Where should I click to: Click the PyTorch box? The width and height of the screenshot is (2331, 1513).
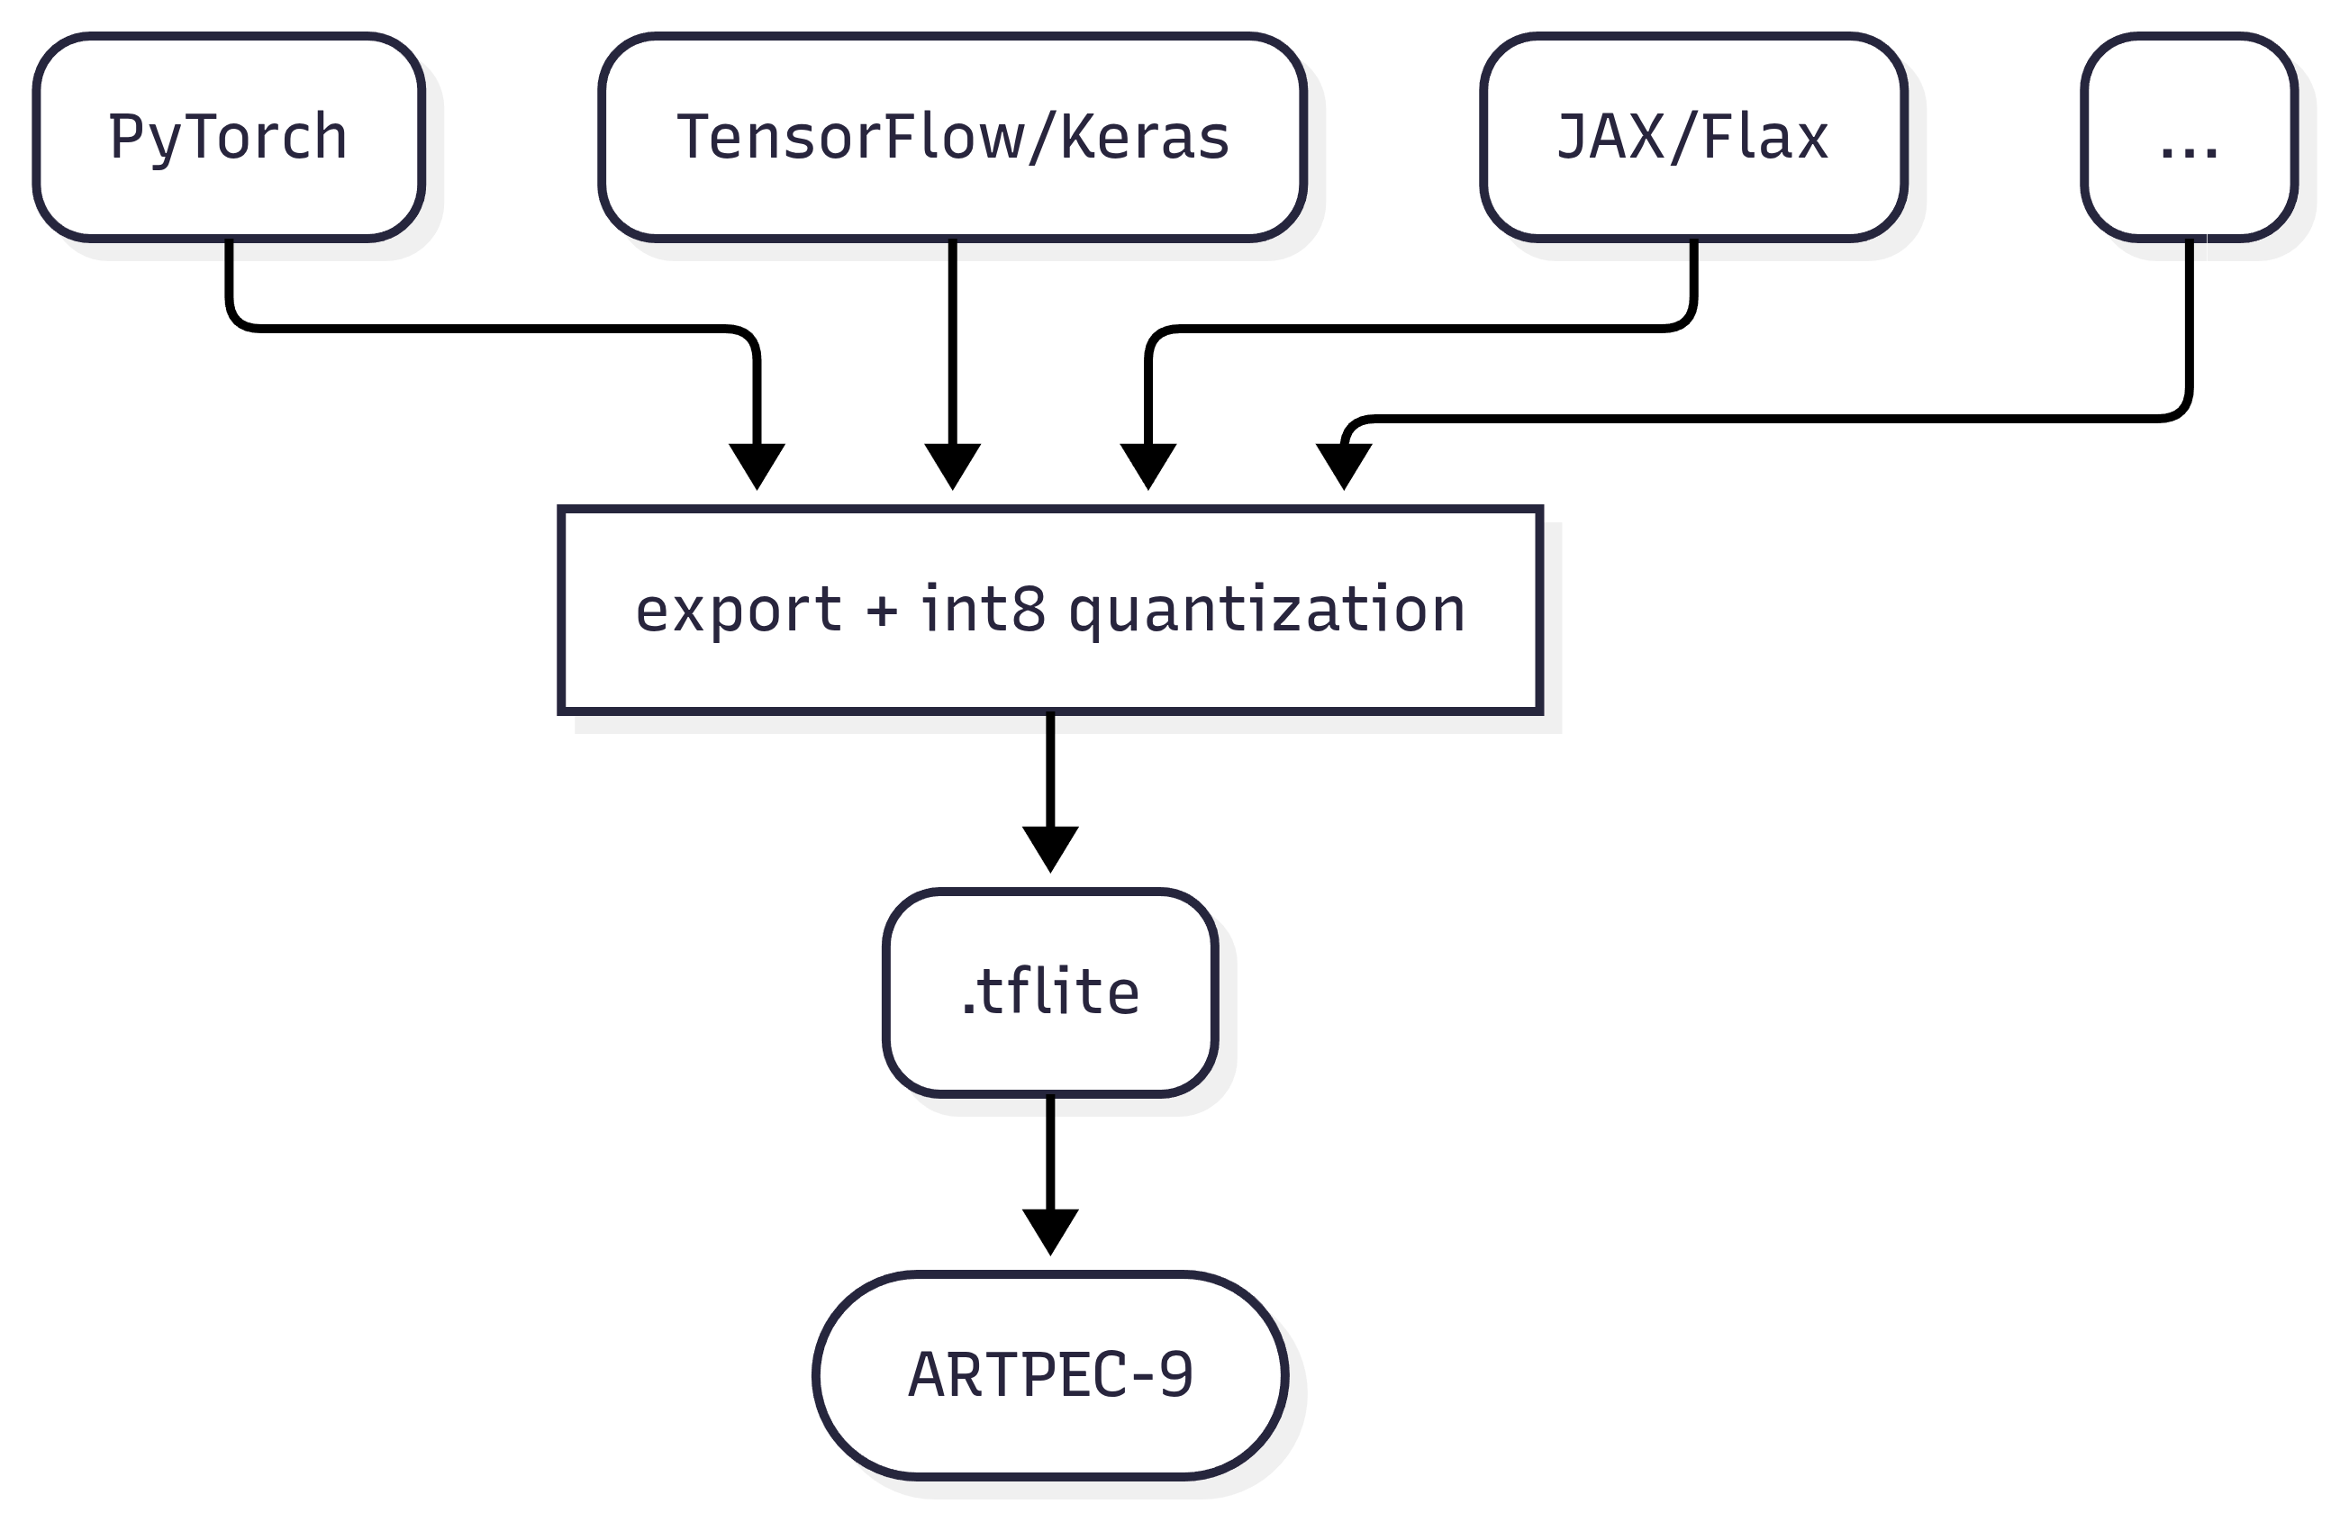229,137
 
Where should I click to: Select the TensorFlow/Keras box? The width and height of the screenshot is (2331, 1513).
953,137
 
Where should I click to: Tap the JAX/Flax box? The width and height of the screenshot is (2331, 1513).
1694,137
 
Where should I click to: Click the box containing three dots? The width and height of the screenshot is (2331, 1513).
2190,137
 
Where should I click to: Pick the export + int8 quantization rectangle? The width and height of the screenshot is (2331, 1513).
1051,610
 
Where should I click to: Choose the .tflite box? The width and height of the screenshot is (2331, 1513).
1051,992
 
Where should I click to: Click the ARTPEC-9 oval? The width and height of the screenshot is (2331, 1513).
1051,1375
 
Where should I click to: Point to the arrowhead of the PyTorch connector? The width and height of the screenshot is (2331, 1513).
757,467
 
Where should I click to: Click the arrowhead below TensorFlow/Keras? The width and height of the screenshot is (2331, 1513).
953,467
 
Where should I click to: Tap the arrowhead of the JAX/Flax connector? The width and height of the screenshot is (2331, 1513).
1147,467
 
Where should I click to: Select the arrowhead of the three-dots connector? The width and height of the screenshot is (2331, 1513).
1344,467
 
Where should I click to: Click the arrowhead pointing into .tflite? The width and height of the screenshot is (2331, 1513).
1051,849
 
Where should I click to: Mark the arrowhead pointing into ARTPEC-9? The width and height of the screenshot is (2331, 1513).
1051,1232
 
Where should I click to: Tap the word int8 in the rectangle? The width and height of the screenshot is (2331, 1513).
984,608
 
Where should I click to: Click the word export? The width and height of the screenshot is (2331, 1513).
739,612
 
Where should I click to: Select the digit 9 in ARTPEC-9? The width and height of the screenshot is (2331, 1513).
1176,1374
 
